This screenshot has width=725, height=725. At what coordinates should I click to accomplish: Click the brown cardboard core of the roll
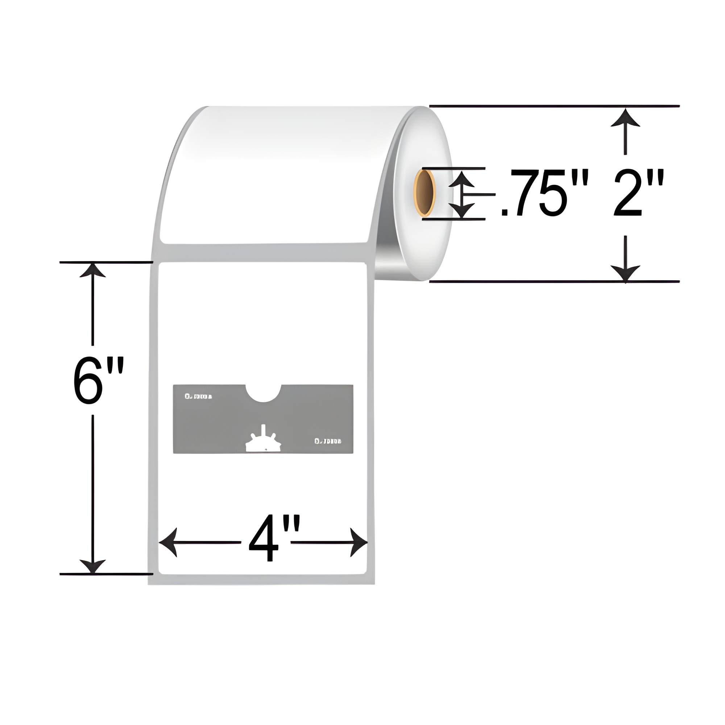coord(425,192)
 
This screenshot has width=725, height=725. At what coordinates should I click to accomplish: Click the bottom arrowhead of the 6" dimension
coord(92,566)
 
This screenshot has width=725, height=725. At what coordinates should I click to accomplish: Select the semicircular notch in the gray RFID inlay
coord(264,392)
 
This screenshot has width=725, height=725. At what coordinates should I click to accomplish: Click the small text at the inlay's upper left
coord(199,396)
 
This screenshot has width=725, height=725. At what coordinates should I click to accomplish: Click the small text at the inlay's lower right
coord(328,441)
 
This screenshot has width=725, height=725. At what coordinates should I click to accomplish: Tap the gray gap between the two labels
coord(263,253)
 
